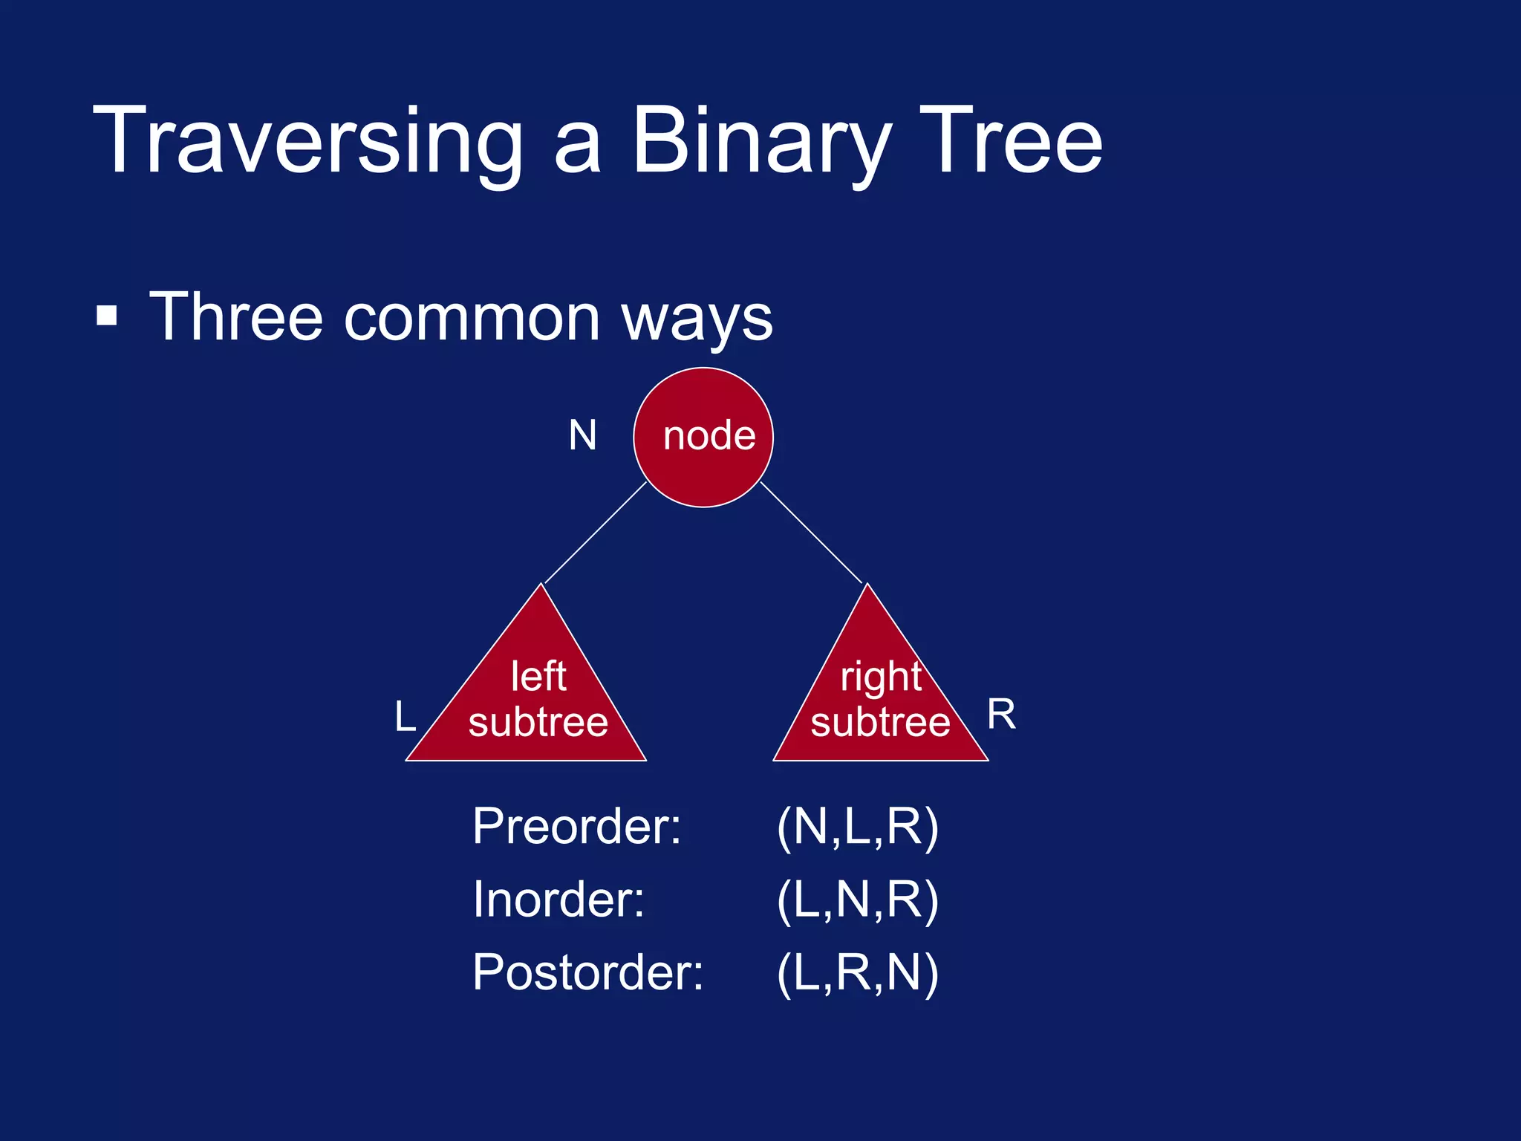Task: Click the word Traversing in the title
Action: (x=308, y=141)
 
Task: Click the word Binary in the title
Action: (x=761, y=141)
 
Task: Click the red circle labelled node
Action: (x=703, y=438)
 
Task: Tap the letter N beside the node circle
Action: (x=582, y=435)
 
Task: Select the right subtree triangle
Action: (x=880, y=698)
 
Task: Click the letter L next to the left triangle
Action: (x=405, y=717)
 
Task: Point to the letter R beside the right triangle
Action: (x=1001, y=715)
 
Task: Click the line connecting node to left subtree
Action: (x=596, y=533)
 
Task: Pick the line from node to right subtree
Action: (x=811, y=532)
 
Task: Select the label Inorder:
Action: (x=558, y=900)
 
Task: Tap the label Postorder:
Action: (x=587, y=972)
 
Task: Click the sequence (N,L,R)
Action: (x=858, y=827)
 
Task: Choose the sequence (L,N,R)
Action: (x=858, y=900)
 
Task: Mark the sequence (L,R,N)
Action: (x=858, y=972)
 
